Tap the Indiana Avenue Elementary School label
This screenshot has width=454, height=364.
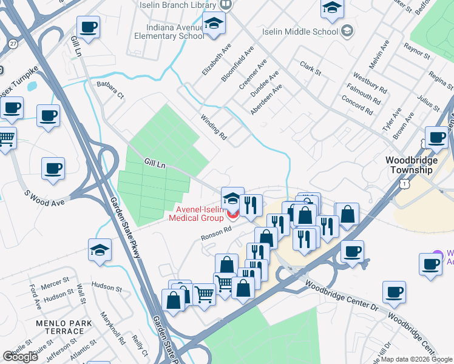point(175,32)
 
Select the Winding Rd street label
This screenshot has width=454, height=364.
point(213,127)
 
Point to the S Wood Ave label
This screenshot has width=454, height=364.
point(44,195)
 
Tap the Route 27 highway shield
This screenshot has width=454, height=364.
point(13,43)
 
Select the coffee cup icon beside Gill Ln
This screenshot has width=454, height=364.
point(89,28)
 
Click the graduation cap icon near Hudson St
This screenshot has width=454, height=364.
point(100,249)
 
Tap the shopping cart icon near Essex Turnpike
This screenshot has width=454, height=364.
point(6,140)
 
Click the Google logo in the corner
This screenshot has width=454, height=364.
point(20,357)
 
